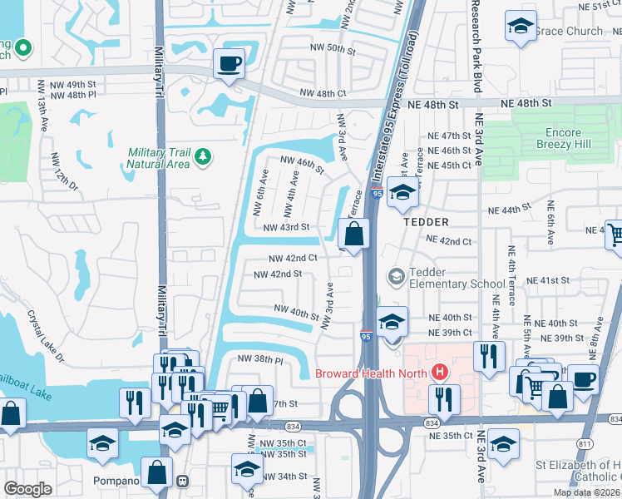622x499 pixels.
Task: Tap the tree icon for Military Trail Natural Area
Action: click(x=201, y=156)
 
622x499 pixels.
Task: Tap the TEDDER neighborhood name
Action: click(x=426, y=222)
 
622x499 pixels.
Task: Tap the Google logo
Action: click(x=27, y=489)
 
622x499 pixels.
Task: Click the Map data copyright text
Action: click(x=586, y=492)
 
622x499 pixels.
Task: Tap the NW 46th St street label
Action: click(x=301, y=164)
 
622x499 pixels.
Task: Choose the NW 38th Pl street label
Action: click(x=260, y=359)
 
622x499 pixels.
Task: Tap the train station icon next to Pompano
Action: click(x=182, y=481)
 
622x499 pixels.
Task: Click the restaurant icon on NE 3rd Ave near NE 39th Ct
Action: click(x=488, y=356)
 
